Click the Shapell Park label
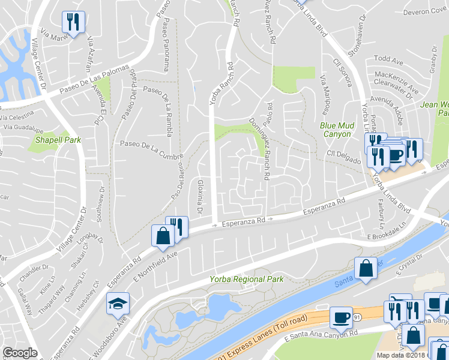[x=58, y=139]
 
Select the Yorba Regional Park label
[x=246, y=279]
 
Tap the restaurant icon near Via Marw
[x=74, y=22]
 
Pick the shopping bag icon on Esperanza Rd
[x=163, y=235]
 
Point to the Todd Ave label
[x=388, y=61]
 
